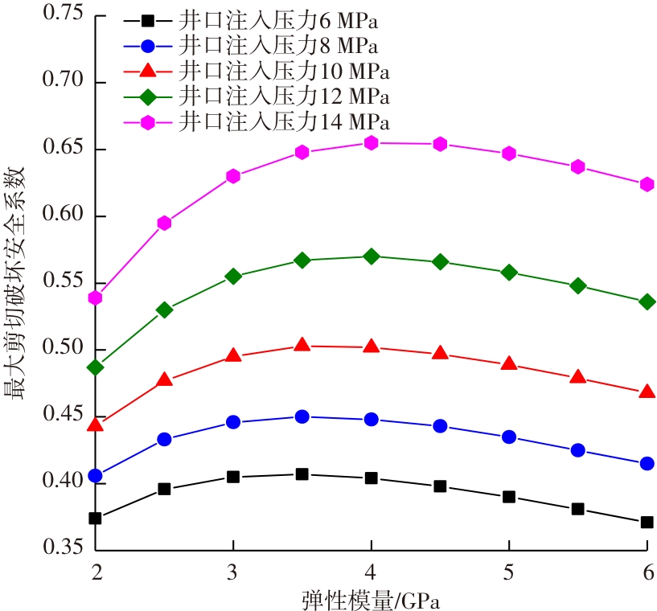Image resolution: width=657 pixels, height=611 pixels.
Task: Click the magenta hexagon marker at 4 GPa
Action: pos(371,143)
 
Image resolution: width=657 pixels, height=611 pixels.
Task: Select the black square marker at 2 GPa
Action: pos(95,519)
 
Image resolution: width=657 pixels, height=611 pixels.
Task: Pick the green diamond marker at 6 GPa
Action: pos(647,301)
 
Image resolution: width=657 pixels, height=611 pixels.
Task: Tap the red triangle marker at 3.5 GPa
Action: pos(302,345)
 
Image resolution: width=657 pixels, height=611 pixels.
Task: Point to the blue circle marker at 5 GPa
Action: pos(509,437)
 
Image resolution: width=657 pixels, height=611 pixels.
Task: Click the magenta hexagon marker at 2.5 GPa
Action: pos(164,223)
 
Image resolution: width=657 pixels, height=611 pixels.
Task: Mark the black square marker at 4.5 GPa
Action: pos(440,486)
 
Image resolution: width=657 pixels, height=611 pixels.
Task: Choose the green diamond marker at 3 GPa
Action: pos(233,276)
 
